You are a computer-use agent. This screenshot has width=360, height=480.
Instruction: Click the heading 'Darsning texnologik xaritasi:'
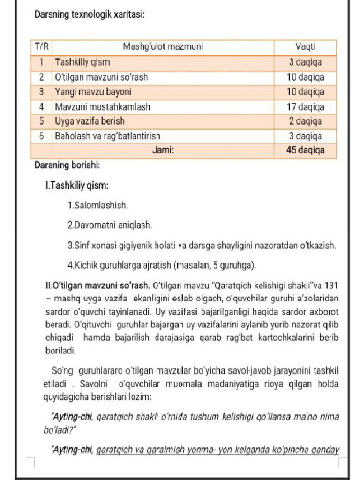click(x=90, y=15)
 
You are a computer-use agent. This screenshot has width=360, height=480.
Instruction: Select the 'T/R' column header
click(x=42, y=47)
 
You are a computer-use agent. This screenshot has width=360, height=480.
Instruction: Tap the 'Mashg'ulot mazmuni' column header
click(x=163, y=47)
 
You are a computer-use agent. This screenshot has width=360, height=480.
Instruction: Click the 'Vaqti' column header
click(x=305, y=47)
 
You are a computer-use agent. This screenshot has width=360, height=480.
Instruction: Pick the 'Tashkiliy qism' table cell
click(x=82, y=62)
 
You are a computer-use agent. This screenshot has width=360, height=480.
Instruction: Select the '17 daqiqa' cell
click(x=305, y=106)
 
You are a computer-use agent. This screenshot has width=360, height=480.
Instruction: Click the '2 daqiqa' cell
click(x=305, y=121)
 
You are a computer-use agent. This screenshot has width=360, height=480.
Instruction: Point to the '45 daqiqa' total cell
click(x=305, y=150)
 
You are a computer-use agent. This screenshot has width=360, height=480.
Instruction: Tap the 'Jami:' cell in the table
click(x=163, y=150)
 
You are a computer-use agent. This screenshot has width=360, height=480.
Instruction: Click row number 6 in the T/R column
click(x=42, y=136)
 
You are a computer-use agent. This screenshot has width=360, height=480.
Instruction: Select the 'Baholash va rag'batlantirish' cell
click(x=108, y=136)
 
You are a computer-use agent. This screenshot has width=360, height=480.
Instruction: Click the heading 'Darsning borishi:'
click(x=67, y=165)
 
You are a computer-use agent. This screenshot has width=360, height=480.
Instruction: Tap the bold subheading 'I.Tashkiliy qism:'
click(x=77, y=186)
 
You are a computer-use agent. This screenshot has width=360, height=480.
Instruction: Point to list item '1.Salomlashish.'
click(x=98, y=205)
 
